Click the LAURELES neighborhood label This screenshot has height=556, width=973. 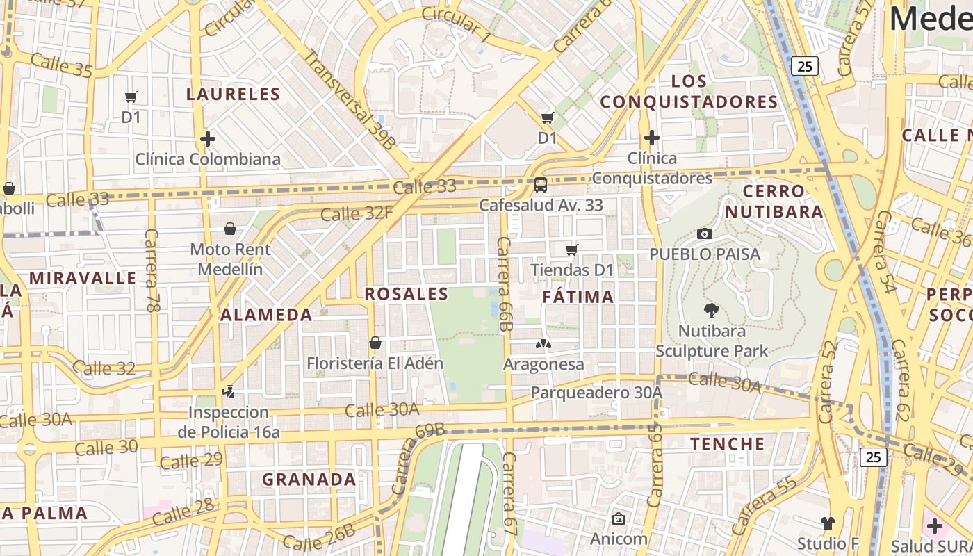click(234, 95)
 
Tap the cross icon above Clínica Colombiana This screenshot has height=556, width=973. click(207, 139)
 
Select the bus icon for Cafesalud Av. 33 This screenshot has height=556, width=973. click(541, 185)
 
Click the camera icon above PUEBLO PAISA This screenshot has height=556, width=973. click(705, 234)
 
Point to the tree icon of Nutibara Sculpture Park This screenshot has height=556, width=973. click(712, 310)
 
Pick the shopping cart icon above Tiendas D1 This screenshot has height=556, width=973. click(572, 250)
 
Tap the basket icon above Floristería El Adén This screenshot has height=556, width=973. click(375, 343)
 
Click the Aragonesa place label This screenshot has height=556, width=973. click(543, 364)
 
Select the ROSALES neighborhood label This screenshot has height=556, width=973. click(407, 294)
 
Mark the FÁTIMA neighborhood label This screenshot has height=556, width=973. click(578, 297)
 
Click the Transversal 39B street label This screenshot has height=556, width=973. click(350, 100)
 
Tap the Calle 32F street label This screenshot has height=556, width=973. click(357, 213)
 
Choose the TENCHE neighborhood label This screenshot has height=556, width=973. click(727, 443)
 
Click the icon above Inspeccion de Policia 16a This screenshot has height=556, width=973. click(228, 392)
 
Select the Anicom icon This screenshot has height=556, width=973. click(619, 518)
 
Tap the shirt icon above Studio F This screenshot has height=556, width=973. click(827, 523)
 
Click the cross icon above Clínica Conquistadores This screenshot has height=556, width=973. click(651, 138)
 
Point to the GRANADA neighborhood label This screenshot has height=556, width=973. click(309, 480)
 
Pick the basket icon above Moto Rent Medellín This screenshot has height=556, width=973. click(230, 229)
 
